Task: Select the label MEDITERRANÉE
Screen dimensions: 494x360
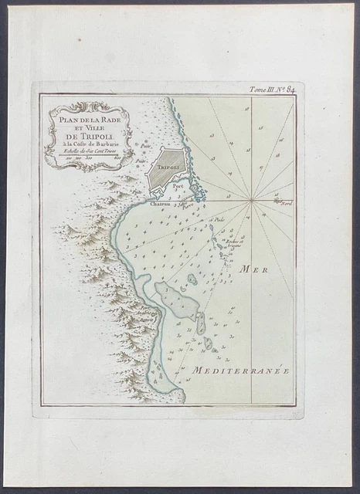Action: (240, 370)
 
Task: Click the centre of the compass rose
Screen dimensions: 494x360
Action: (251, 200)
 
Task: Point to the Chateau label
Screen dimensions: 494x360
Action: (159, 205)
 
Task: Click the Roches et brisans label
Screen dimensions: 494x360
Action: (234, 241)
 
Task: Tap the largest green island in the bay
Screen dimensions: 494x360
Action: (177, 301)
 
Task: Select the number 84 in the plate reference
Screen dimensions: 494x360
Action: (290, 89)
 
